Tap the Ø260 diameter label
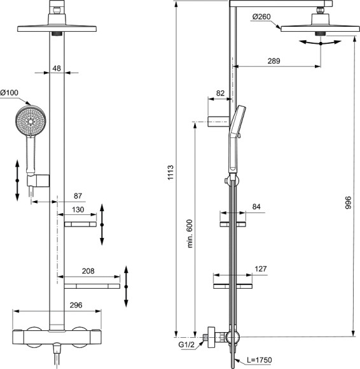[261, 17]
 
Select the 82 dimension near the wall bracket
[221, 93]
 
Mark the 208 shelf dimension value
[88, 271]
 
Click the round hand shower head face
[28, 121]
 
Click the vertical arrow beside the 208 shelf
[126, 287]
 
